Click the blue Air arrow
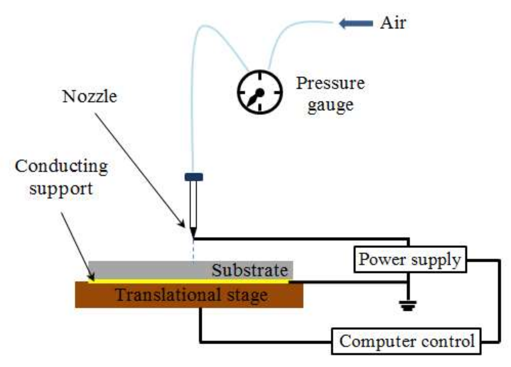356,24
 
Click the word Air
393,23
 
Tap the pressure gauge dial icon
260,92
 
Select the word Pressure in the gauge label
330,83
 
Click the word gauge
330,105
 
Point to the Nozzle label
90,96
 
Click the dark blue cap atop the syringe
194,177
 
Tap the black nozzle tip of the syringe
193,232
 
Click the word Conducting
61,166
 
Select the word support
61,189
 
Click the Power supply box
410,259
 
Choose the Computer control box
406,341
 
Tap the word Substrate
250,270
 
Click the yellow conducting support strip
188,281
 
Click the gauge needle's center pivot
260,93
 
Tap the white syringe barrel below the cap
193,204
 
